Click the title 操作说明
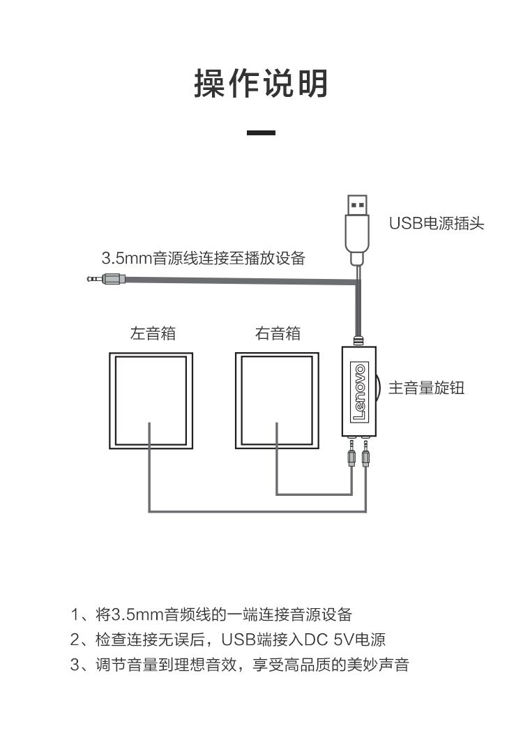[x=261, y=84]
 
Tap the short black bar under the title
[x=261, y=133]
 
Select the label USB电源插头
[x=437, y=223]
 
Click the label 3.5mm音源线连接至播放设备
[x=204, y=258]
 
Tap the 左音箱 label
[x=153, y=333]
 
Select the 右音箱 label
[x=278, y=333]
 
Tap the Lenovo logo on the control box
[x=360, y=391]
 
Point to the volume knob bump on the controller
[x=379, y=388]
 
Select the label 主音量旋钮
[x=427, y=387]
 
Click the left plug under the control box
[x=352, y=453]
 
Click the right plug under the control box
[x=366, y=453]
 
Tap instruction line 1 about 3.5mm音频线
[x=211, y=614]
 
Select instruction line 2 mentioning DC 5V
[x=228, y=639]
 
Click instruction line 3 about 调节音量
[x=240, y=665]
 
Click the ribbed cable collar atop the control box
[x=359, y=341]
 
